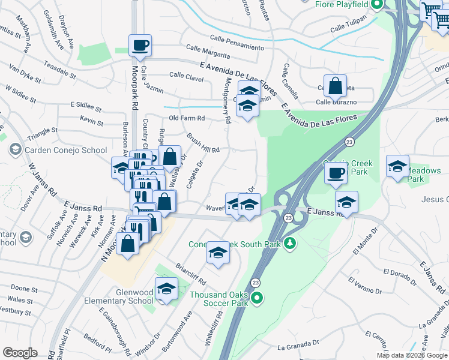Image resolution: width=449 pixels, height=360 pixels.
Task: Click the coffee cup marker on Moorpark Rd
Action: pyautogui.click(x=140, y=45)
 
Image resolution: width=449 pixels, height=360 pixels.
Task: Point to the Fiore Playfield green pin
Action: pyautogui.click(x=377, y=5)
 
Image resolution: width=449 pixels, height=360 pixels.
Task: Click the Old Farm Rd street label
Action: pyautogui.click(x=187, y=118)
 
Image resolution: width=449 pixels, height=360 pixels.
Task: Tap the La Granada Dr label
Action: pyautogui.click(x=298, y=345)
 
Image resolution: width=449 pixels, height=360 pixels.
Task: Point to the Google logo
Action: pyautogui.click(x=20, y=353)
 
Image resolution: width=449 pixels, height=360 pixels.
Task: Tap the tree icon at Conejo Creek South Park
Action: pyautogui.click(x=290, y=243)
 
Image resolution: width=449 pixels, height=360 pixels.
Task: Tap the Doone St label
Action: pyautogui.click(x=24, y=289)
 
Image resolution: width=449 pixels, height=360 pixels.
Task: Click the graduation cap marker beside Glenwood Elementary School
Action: pyautogui.click(x=166, y=289)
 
